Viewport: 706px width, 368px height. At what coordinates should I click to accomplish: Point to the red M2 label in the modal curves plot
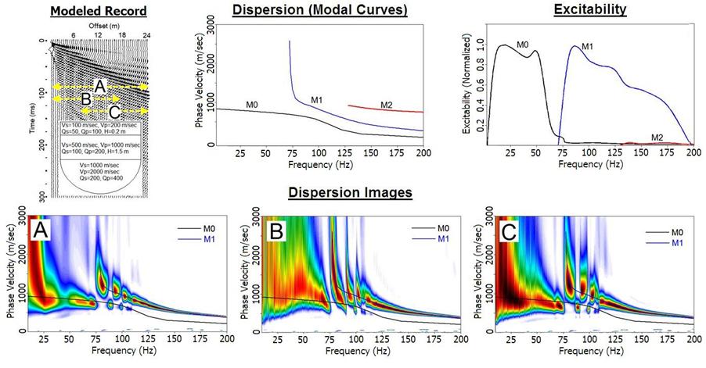point(386,105)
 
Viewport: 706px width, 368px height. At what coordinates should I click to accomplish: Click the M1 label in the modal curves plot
point(316,100)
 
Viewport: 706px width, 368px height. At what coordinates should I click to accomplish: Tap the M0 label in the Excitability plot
point(524,45)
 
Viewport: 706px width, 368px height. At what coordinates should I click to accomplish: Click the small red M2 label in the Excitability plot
point(658,137)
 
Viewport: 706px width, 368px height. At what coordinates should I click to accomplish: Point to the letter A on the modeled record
point(99,84)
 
